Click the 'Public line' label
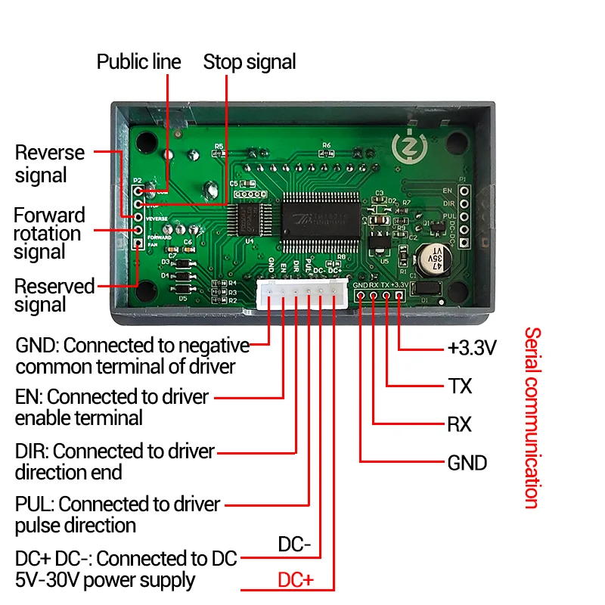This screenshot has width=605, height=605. pos(138,61)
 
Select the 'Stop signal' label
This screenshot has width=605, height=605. pos(250,61)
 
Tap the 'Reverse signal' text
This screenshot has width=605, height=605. pos(50,163)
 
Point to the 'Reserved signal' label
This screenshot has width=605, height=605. pos(54,296)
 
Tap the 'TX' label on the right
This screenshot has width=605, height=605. pos(459,386)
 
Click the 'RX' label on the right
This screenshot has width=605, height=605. pos(459,424)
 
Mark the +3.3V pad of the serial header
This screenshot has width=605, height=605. pos(399,296)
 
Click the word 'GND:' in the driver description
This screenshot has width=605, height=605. pos(37,346)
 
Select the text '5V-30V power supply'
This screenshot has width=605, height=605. pos(105,580)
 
